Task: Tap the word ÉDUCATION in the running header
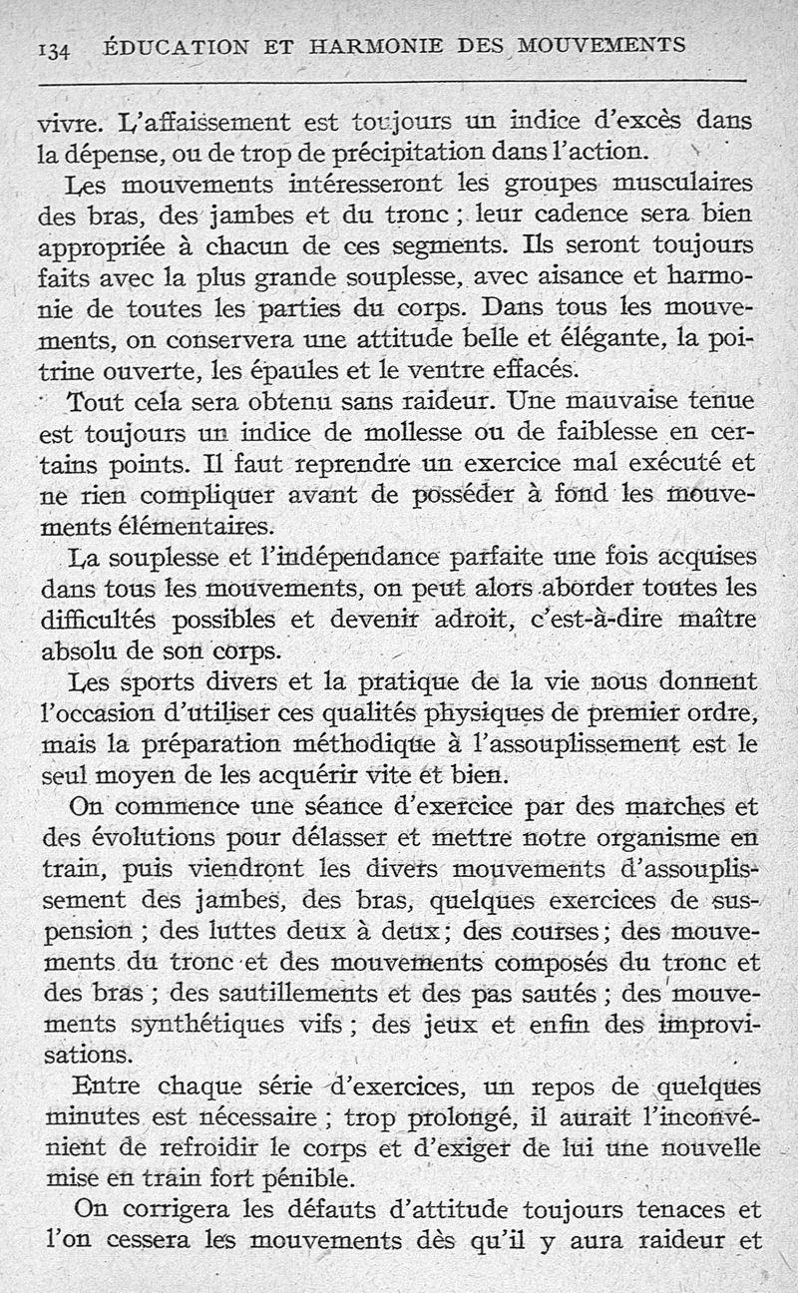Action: tap(169, 48)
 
